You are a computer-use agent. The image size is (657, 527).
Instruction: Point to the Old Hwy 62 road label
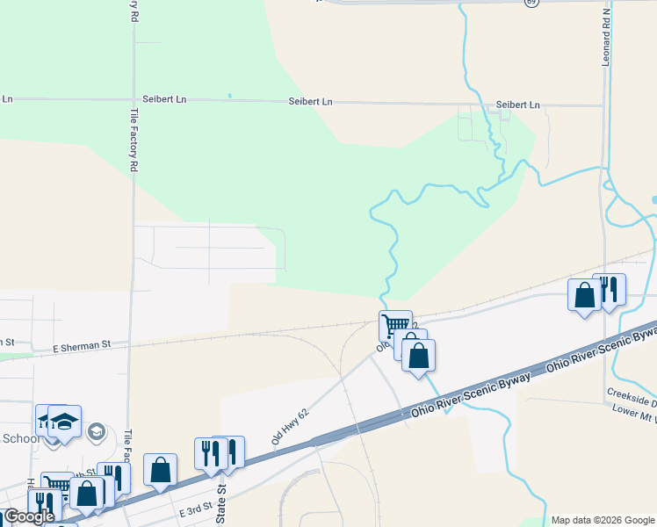point(292,424)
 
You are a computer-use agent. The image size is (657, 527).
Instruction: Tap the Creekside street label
point(632,393)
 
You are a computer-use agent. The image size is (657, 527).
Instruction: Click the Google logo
point(28,516)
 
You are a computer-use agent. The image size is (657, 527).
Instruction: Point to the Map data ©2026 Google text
point(602,520)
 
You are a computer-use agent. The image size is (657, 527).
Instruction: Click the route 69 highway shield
point(531,4)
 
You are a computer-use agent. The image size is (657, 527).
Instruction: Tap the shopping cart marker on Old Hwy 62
point(395,325)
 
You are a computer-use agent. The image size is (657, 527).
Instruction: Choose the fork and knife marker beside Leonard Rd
point(609,289)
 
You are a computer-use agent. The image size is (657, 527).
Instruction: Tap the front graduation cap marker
point(64,421)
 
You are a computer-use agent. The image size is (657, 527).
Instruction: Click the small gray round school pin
point(97,431)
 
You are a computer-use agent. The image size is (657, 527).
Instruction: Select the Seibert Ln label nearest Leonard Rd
point(517,105)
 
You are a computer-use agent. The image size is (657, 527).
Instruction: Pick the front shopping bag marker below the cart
point(418,355)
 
